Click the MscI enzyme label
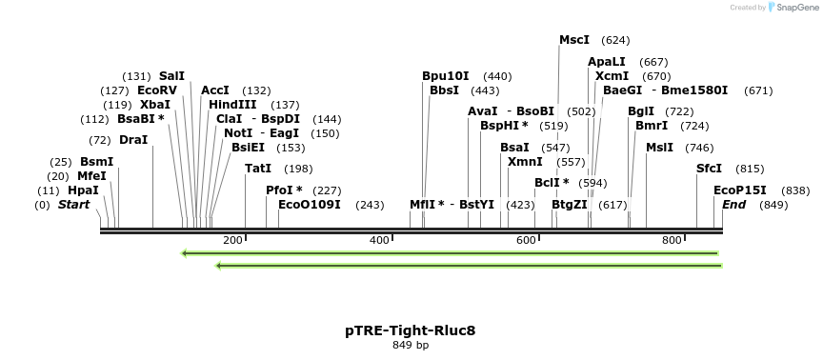coord(573,40)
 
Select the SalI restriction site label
coord(171,76)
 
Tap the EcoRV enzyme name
coord(157,90)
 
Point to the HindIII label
coord(233,105)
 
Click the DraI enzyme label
coord(133,140)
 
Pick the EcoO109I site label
coord(310,205)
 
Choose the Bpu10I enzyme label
coord(446,76)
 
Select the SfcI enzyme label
coord(709,169)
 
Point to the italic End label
coord(733,205)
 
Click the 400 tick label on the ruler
coord(379,241)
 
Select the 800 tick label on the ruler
coord(672,241)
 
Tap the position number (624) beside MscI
coord(616,40)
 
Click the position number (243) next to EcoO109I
coord(370,205)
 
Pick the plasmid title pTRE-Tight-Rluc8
coord(411,330)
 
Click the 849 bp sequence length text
coord(411,345)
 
